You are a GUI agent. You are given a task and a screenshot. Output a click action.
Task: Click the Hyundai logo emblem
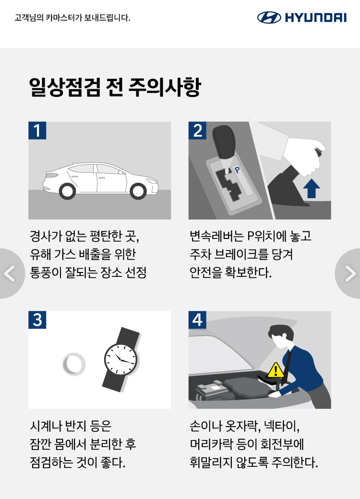(x=269, y=17)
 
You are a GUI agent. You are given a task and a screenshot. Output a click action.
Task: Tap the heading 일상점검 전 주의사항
(x=115, y=87)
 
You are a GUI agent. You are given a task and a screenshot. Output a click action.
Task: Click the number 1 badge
(x=37, y=131)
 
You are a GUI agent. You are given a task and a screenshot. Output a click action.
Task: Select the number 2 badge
(x=197, y=131)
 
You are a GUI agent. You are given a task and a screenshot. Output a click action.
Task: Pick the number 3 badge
(x=37, y=320)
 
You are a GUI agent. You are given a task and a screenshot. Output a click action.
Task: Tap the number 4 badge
(x=197, y=320)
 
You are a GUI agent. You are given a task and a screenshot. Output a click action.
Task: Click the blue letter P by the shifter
(x=237, y=170)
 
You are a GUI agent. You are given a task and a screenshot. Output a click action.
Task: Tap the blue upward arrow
(x=312, y=189)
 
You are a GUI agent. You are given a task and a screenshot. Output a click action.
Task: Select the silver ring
(x=74, y=364)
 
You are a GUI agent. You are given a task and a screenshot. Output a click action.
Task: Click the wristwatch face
(x=121, y=359)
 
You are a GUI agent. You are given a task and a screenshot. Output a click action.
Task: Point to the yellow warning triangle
(x=276, y=370)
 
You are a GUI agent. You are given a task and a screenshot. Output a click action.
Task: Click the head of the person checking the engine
(x=279, y=336)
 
